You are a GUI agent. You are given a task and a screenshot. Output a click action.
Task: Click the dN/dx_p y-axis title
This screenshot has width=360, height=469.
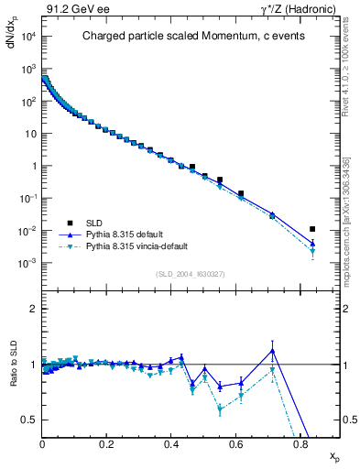point(12,46)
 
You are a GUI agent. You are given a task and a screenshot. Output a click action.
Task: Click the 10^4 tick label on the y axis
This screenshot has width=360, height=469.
point(27,37)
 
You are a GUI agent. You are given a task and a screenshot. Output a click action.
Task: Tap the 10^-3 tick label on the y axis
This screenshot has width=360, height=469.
point(27,263)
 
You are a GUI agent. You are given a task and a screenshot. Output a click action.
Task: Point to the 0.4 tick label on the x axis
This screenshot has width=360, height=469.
point(171,447)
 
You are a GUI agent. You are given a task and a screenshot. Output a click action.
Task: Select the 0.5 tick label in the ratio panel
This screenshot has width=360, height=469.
point(29,420)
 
